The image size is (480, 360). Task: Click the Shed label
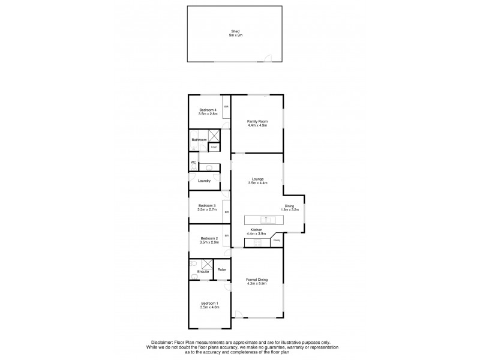tap(235, 32)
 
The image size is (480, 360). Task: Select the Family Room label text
tap(257, 121)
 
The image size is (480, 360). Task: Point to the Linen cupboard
tap(214, 147)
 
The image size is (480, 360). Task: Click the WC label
tap(193, 163)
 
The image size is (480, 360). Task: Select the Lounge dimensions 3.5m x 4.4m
tap(257, 182)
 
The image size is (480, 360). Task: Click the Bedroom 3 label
tap(206, 206)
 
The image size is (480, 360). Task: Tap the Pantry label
tap(277, 241)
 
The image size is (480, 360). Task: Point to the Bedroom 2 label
tap(208, 238)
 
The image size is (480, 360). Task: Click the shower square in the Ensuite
tap(208, 264)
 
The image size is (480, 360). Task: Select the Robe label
tap(221, 269)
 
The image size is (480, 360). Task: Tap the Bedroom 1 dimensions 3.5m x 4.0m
tap(209, 307)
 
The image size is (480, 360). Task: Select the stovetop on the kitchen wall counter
tap(257, 242)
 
